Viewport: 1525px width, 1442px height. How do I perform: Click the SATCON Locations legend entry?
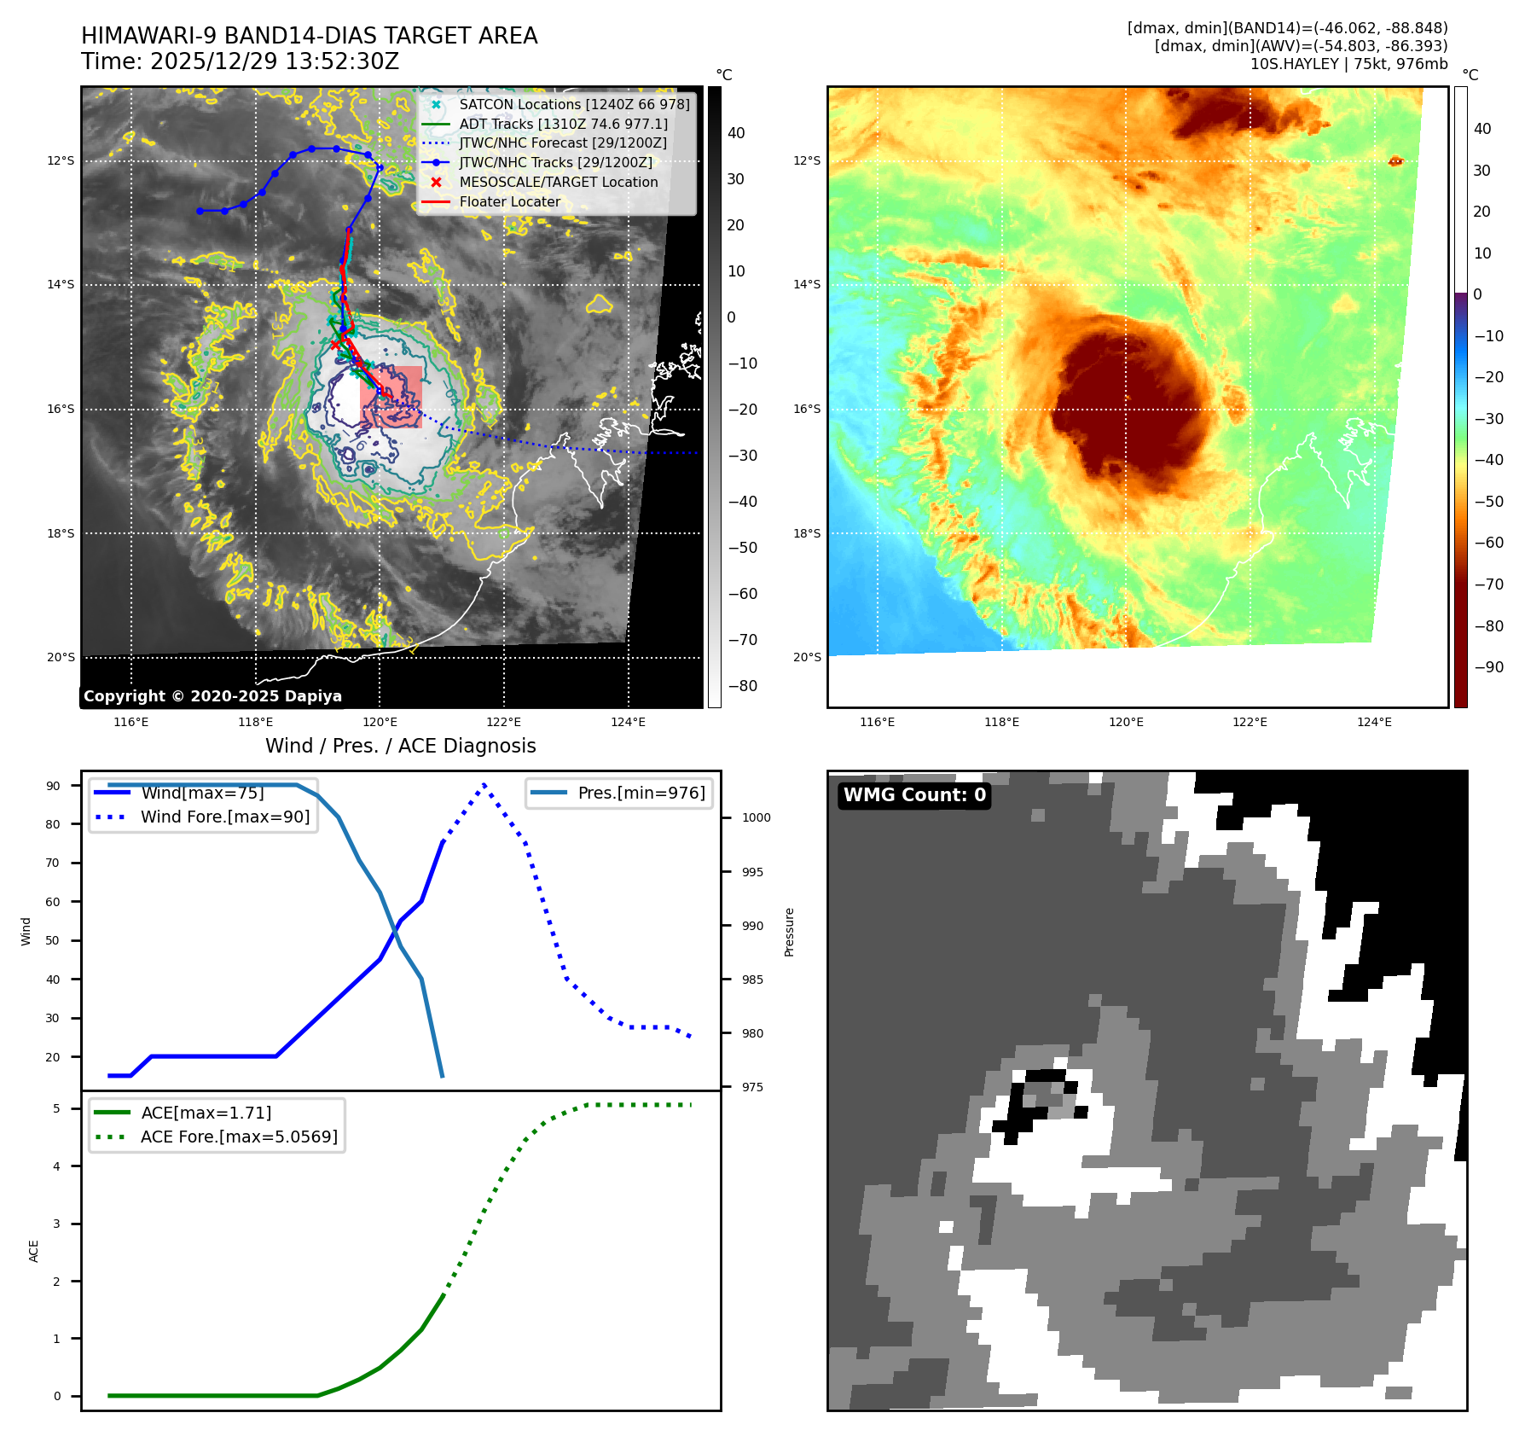click(x=574, y=104)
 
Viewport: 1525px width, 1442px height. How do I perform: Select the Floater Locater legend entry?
click(x=509, y=202)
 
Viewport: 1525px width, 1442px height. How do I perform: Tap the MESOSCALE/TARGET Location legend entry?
click(x=558, y=183)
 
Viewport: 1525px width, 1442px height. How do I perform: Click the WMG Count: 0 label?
click(x=914, y=795)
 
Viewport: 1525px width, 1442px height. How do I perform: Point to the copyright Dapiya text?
click(x=212, y=696)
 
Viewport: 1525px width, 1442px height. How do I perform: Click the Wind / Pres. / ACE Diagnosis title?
click(x=401, y=746)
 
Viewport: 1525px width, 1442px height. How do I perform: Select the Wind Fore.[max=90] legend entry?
click(x=225, y=817)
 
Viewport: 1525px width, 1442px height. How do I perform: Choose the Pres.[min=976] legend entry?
click(x=641, y=793)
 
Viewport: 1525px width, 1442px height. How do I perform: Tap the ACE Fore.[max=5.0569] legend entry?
click(x=239, y=1137)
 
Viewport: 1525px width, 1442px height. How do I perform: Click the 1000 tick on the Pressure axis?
click(x=756, y=817)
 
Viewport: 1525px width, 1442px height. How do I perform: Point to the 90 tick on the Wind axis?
click(x=53, y=786)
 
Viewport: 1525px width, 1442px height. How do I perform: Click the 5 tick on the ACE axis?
click(x=56, y=1108)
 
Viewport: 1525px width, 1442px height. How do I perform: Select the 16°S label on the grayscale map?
click(x=61, y=410)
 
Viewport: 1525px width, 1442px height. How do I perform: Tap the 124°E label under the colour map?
click(x=1374, y=722)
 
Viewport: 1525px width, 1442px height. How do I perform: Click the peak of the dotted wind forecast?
click(x=484, y=784)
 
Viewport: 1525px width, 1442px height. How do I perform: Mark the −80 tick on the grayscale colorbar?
click(x=742, y=686)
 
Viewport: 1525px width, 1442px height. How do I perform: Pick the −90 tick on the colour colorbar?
click(x=1488, y=667)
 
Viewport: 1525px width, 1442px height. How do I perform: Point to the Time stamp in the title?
click(x=240, y=61)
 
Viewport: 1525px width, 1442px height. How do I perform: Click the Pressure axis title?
click(x=789, y=932)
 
